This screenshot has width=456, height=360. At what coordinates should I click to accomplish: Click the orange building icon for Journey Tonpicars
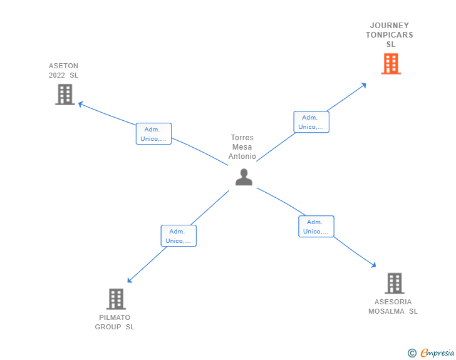(x=391, y=64)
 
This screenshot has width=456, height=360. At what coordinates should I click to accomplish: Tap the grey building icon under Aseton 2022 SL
(x=65, y=94)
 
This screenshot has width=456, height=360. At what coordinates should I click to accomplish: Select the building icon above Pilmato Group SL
(x=116, y=299)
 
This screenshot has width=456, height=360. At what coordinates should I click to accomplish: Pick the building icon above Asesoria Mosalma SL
(x=395, y=283)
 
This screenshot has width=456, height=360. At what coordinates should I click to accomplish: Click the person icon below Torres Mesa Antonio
(x=244, y=177)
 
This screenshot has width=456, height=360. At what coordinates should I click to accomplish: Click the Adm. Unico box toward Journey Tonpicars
(x=311, y=122)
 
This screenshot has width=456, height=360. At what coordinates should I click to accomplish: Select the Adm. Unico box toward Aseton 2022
(x=153, y=134)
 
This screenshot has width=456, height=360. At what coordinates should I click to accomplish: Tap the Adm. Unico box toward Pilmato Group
(x=179, y=236)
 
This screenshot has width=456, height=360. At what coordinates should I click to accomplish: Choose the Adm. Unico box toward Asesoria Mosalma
(x=316, y=227)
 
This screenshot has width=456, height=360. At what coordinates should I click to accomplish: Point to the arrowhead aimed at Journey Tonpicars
(x=364, y=85)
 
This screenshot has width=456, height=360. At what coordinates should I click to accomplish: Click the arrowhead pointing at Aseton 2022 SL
(x=81, y=104)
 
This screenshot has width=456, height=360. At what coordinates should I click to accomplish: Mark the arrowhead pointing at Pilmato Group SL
(x=130, y=280)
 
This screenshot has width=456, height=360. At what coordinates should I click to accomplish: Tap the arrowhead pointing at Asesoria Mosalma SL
(x=374, y=265)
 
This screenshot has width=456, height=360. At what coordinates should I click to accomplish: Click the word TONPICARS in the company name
(x=390, y=35)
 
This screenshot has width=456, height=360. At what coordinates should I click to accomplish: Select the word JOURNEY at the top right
(x=390, y=26)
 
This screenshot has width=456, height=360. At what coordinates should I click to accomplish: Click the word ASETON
(x=63, y=66)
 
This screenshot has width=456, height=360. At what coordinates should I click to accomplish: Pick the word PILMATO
(x=115, y=317)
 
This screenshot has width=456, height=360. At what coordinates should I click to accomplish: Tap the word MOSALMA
(x=386, y=311)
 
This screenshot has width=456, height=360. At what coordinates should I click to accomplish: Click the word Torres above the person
(x=242, y=138)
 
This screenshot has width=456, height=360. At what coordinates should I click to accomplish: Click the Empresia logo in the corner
(x=431, y=352)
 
